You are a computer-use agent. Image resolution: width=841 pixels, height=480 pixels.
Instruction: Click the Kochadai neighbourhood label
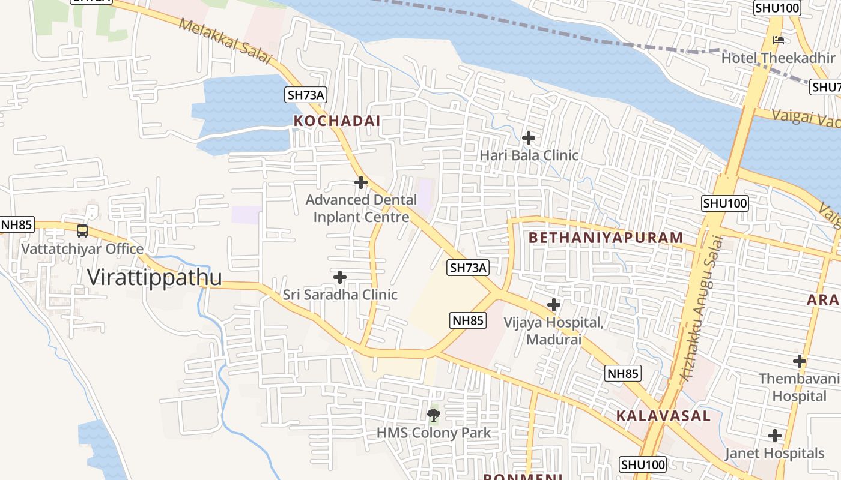336,121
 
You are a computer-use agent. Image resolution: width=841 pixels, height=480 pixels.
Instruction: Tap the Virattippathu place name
154,277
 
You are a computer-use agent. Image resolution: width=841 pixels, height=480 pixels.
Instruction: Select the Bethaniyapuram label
606,238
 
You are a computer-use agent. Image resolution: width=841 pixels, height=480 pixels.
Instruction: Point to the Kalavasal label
663,416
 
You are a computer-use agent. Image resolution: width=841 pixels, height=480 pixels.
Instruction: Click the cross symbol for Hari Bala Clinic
529,138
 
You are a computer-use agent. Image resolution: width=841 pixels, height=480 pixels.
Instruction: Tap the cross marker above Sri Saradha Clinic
340,277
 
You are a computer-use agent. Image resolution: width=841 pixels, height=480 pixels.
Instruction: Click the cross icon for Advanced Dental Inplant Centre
361,182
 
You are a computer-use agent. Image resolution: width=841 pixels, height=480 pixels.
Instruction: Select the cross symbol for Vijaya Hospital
554,305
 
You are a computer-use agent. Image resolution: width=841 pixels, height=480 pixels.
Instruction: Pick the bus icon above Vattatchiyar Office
82,231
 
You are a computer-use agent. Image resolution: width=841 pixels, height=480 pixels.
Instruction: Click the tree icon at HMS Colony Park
433,415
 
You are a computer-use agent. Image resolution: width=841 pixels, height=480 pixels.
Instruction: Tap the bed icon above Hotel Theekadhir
779,41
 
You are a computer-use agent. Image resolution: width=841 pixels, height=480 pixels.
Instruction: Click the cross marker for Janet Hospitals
775,436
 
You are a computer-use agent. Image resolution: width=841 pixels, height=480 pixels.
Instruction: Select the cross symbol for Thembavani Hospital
800,361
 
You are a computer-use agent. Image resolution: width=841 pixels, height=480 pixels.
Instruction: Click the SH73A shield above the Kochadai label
306,94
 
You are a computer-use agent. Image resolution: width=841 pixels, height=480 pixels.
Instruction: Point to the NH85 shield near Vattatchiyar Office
16,225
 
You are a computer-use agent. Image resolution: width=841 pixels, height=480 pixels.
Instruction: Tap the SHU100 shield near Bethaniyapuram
725,203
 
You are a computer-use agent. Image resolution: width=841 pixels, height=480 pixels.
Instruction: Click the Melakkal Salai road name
226,41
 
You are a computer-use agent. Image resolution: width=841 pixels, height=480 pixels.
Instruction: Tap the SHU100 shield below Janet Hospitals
643,464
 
